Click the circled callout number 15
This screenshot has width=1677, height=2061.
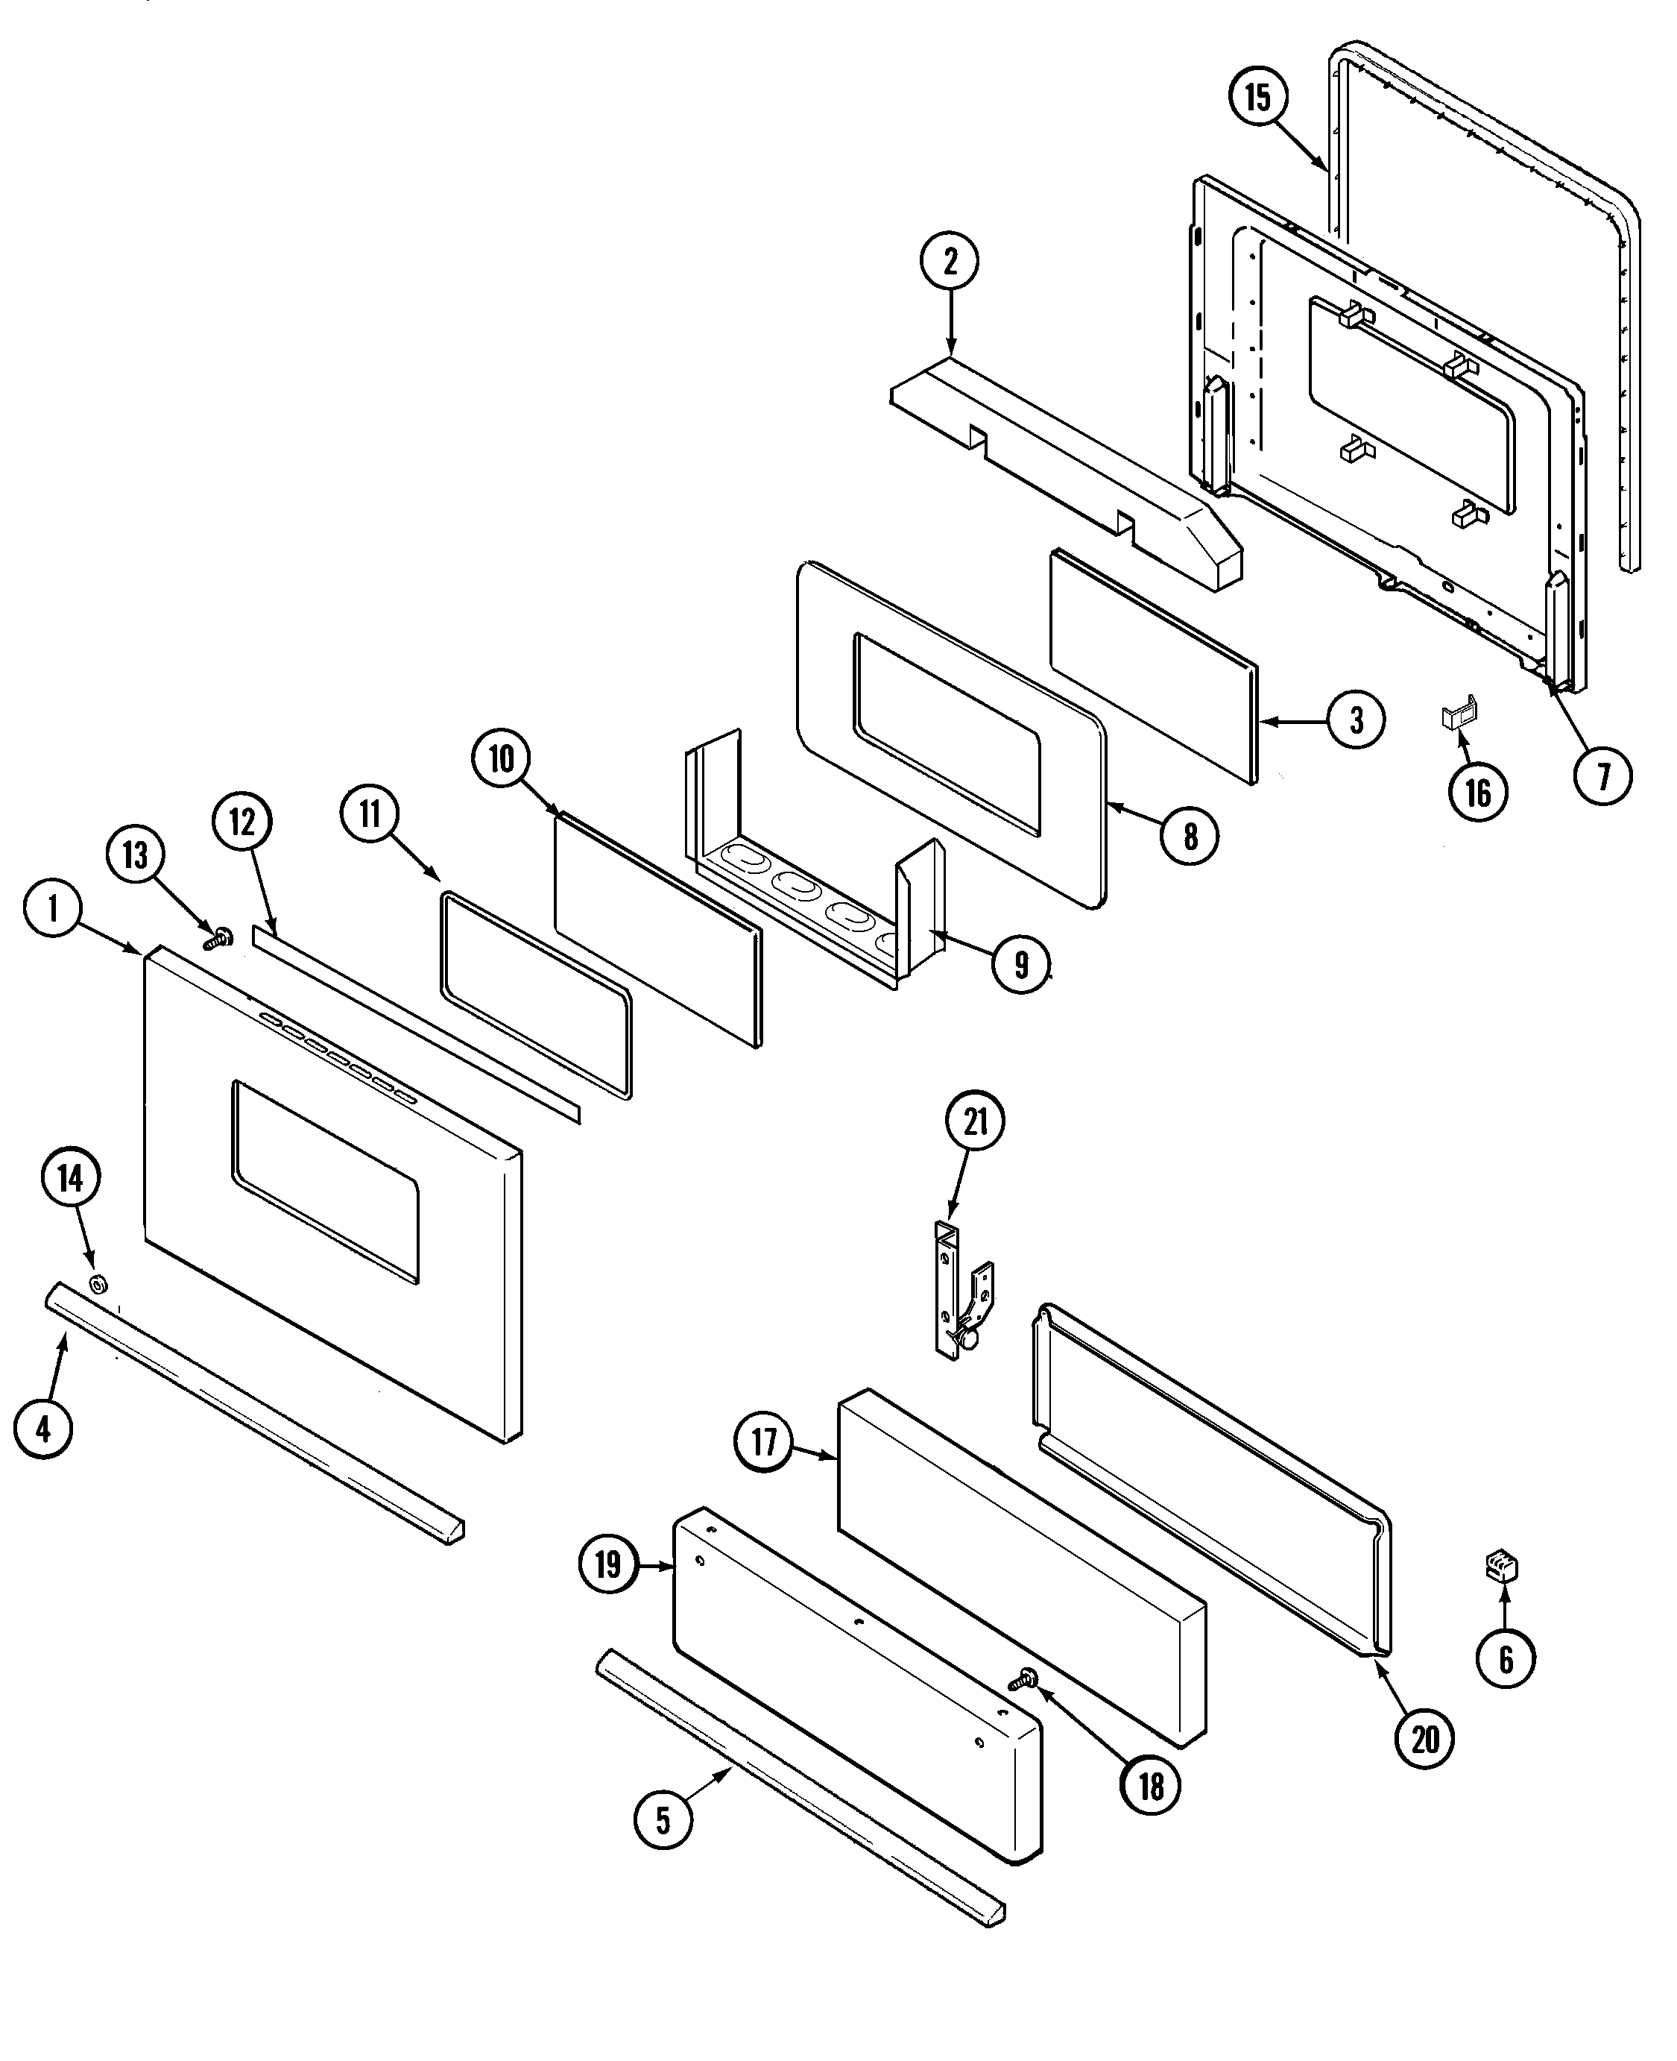pyautogui.click(x=1258, y=98)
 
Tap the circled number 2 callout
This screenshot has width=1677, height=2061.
pyautogui.click(x=950, y=261)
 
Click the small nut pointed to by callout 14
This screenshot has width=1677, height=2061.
pyautogui.click(x=98, y=1284)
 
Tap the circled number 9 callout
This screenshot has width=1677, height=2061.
pyautogui.click(x=1022, y=963)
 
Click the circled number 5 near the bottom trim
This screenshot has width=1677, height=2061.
pyautogui.click(x=663, y=1820)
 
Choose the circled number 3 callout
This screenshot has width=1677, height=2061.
pyautogui.click(x=1357, y=720)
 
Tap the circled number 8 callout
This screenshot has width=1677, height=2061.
pyautogui.click(x=1190, y=836)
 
